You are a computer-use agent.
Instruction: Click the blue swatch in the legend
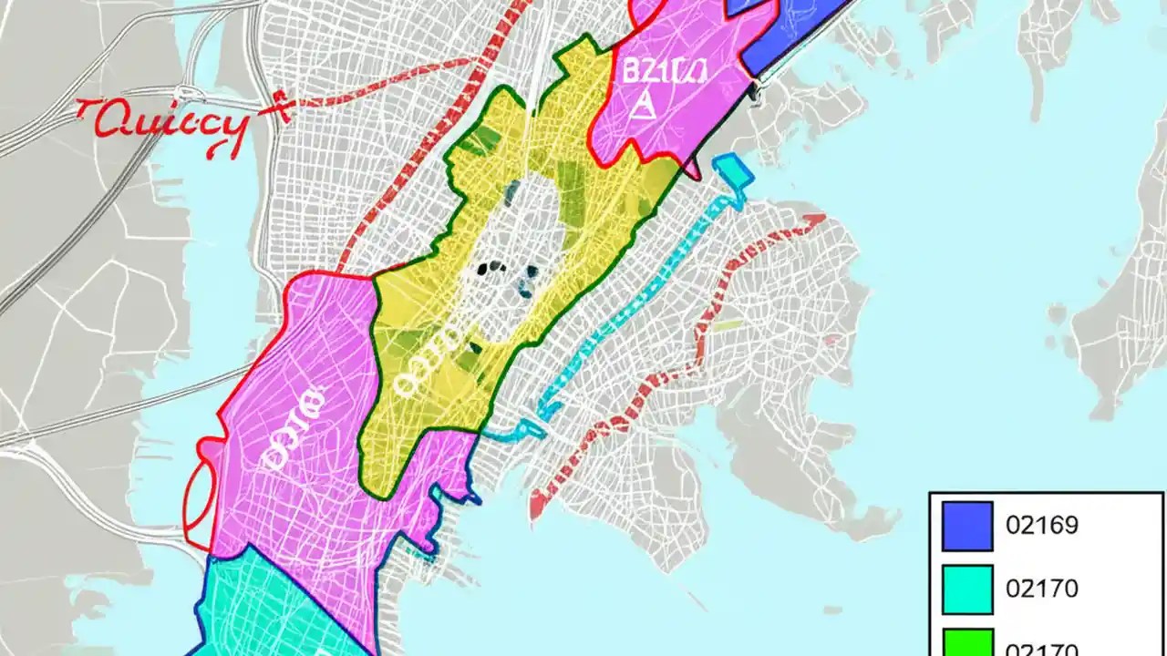[967, 527]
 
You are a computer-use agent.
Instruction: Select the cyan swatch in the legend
[967, 589]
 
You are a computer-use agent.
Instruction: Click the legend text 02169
[1041, 526]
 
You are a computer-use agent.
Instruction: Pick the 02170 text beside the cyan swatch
[1041, 589]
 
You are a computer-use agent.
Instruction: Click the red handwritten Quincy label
[164, 123]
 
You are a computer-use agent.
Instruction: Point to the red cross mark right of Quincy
[276, 108]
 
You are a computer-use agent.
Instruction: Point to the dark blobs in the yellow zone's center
[497, 270]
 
